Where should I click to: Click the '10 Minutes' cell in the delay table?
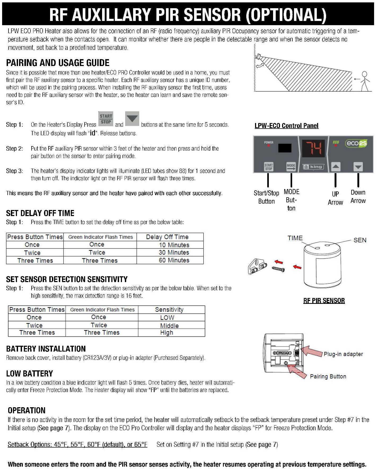pyautogui.click(x=174, y=245)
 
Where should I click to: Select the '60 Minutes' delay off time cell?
pyautogui.click(x=174, y=260)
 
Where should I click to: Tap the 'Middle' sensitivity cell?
pyautogui.click(x=169, y=325)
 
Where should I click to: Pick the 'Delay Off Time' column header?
pyautogui.click(x=167, y=237)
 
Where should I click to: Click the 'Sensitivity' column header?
pyautogui.click(x=169, y=309)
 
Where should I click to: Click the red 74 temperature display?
pyautogui.click(x=314, y=148)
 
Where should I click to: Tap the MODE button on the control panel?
pyautogui.click(x=291, y=167)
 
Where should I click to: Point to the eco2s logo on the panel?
pyautogui.click(x=356, y=143)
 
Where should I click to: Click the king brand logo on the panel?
pyautogui.click(x=313, y=167)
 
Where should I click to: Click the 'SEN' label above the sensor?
pyautogui.click(x=360, y=240)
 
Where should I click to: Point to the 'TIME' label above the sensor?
pyautogui.click(x=295, y=238)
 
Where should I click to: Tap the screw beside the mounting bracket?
pyautogui.click(x=278, y=269)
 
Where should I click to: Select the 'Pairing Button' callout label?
pyautogui.click(x=328, y=376)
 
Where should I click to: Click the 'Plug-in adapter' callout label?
pyautogui.click(x=343, y=354)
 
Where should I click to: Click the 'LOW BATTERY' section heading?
pyautogui.click(x=29, y=374)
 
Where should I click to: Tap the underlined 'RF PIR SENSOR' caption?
pyautogui.click(x=324, y=300)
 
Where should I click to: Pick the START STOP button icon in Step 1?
pyautogui.click(x=106, y=119)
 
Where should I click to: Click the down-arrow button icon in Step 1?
pyautogui.click(x=132, y=119)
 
